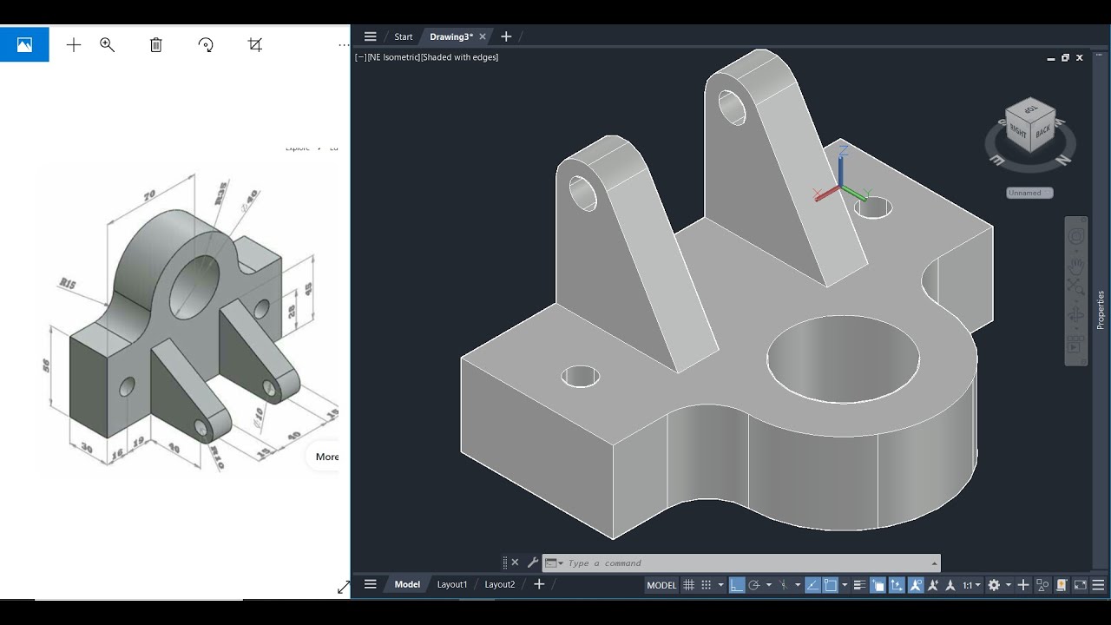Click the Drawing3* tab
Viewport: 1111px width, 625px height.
(450, 36)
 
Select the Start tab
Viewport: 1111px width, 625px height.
(403, 36)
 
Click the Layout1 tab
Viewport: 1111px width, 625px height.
(451, 584)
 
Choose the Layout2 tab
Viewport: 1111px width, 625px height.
(499, 584)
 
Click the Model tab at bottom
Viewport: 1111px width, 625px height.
(407, 584)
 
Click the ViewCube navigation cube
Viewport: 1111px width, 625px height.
(1030, 127)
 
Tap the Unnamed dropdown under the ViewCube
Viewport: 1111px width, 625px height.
(1029, 193)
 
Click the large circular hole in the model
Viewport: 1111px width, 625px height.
(843, 359)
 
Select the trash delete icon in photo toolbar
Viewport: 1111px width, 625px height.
(156, 45)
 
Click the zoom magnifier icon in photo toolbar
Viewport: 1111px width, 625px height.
(108, 45)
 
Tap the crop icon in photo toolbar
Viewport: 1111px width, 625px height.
(255, 45)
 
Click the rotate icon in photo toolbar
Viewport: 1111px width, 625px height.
(206, 45)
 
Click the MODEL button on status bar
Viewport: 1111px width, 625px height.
(661, 585)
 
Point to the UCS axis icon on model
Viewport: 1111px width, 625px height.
(841, 185)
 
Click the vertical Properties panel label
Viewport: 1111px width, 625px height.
(1101, 310)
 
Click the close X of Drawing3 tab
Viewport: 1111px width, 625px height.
(483, 36)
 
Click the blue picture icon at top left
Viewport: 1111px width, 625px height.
(24, 45)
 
